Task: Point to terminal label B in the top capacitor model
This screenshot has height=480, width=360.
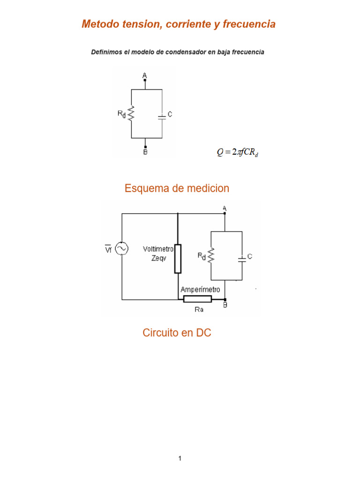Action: click(145, 152)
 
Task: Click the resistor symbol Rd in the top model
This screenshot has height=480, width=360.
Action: click(132, 113)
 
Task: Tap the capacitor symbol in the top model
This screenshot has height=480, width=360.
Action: click(162, 115)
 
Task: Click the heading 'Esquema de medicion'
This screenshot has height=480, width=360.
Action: click(177, 188)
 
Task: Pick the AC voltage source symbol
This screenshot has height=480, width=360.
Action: click(122, 248)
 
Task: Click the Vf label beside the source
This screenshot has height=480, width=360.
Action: click(108, 248)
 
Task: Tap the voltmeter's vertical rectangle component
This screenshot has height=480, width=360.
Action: click(178, 258)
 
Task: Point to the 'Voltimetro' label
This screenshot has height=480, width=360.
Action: click(158, 249)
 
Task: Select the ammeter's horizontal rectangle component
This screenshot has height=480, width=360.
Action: click(197, 299)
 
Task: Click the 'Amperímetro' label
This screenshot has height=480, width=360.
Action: click(201, 290)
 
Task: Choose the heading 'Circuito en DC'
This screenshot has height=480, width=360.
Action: click(177, 333)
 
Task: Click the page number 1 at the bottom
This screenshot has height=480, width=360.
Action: click(180, 458)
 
